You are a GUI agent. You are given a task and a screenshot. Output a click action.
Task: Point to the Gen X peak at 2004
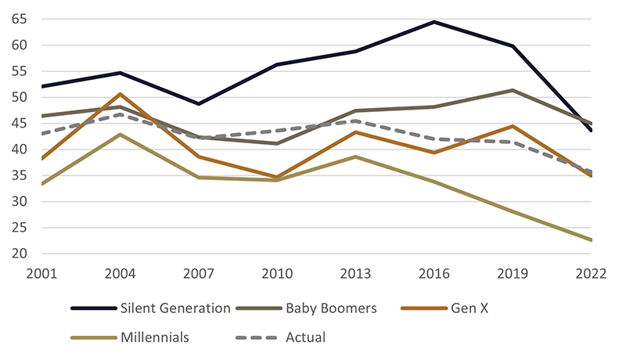(x=120, y=94)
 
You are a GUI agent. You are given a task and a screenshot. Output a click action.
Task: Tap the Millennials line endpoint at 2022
(x=592, y=240)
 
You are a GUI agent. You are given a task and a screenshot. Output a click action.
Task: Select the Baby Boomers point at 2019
(x=513, y=90)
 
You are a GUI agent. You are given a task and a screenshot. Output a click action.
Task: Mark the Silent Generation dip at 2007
(x=199, y=103)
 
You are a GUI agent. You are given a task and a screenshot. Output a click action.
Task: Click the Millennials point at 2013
(x=355, y=157)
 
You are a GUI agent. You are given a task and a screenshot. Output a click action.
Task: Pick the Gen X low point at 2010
(x=277, y=178)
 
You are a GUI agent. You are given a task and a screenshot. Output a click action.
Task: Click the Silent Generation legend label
(x=174, y=308)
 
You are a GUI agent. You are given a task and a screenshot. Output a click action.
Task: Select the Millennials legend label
(x=154, y=338)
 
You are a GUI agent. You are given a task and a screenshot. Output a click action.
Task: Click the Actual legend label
(x=306, y=338)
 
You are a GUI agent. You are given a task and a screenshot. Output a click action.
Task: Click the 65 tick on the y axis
(x=20, y=19)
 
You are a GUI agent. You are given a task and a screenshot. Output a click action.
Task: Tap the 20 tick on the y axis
(x=20, y=254)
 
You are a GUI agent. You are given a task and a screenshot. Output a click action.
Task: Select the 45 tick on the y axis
(x=20, y=123)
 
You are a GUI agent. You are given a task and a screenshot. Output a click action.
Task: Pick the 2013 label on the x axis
(x=355, y=273)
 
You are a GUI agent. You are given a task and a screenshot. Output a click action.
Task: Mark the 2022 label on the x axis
(x=591, y=273)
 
